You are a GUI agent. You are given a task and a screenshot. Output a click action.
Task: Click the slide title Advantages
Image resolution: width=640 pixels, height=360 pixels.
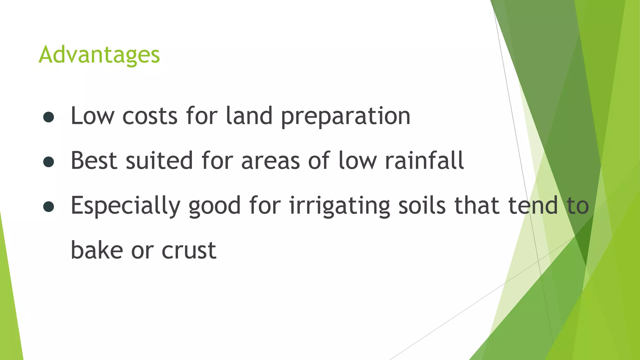pos(99,55)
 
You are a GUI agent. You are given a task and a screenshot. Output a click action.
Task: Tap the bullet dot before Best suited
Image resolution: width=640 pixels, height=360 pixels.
pos(49,162)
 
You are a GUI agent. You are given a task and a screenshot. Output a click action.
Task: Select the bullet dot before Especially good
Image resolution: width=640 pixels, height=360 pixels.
pos(49,207)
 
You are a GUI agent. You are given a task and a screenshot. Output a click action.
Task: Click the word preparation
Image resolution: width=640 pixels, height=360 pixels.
pos(345,117)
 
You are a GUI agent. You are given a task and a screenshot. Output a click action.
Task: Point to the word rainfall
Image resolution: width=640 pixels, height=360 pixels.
pos(424,161)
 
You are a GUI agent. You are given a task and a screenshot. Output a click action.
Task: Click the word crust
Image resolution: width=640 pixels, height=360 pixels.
pos(189,250)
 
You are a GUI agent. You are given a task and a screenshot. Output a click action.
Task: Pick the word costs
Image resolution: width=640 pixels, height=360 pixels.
pos(150,116)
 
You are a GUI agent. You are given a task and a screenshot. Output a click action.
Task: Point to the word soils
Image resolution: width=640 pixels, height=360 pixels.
pos(422,206)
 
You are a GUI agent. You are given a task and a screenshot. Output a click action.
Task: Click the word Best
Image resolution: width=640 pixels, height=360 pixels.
pos(94,161)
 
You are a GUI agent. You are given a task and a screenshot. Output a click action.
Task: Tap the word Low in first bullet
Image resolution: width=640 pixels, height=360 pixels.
pos(92,116)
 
